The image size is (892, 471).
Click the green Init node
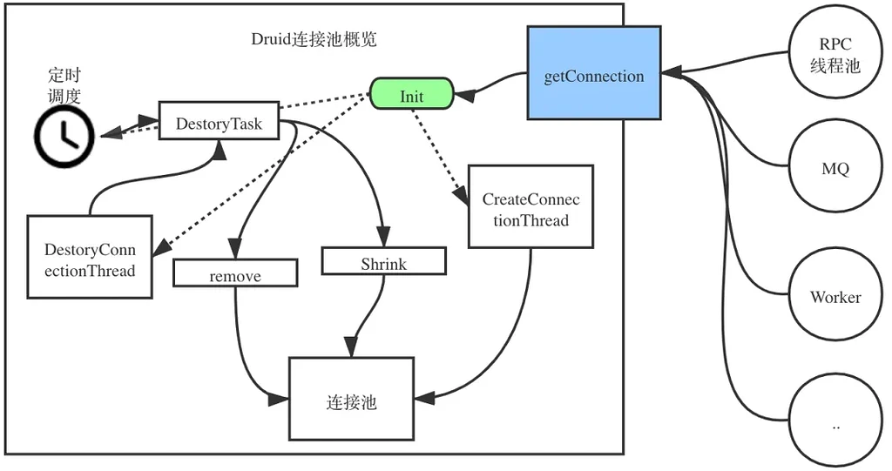coord(412,95)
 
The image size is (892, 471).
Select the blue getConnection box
coord(593,76)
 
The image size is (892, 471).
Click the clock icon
coord(64,136)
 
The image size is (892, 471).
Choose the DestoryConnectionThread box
coord(90,258)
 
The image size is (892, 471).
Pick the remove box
coord(235,275)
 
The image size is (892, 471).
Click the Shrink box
coord(383,263)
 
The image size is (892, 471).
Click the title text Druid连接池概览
coord(314,39)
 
